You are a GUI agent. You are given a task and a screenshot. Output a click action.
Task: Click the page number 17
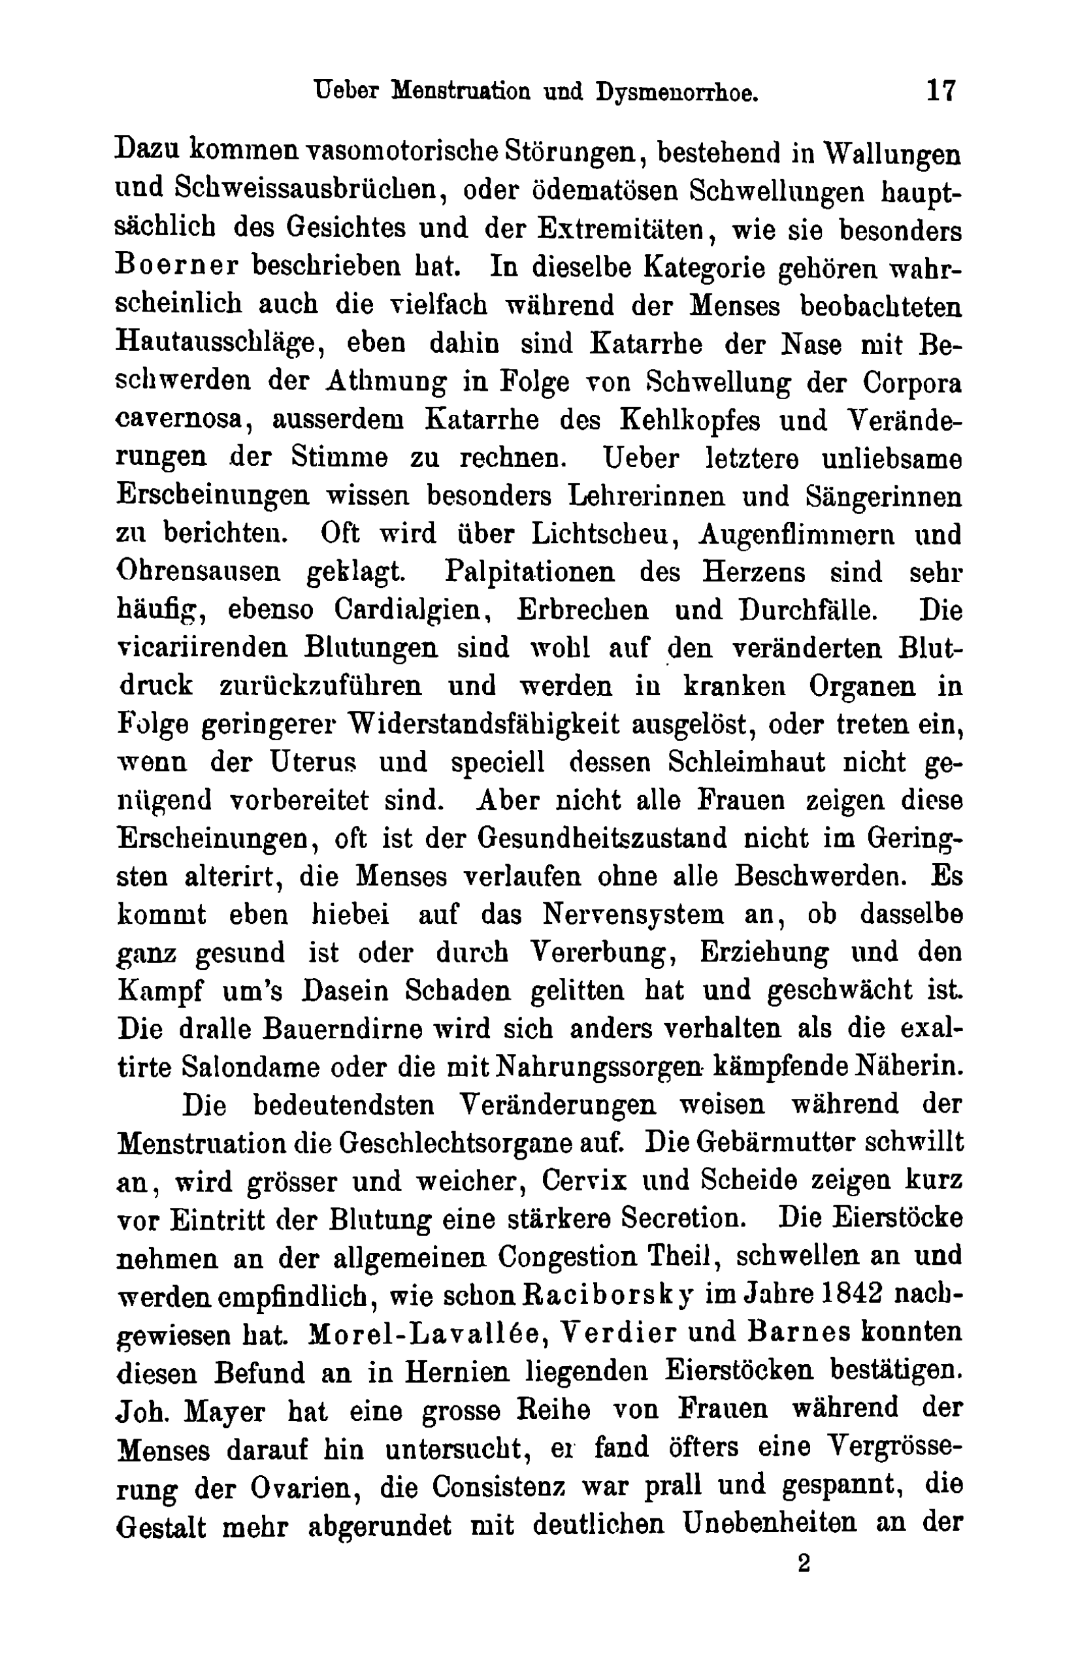pos(941,91)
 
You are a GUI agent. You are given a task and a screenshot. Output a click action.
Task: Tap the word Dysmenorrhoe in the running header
pos(677,92)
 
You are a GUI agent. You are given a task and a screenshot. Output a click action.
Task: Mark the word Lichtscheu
pos(602,535)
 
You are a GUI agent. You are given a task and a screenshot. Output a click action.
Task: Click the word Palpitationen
pos(530,572)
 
